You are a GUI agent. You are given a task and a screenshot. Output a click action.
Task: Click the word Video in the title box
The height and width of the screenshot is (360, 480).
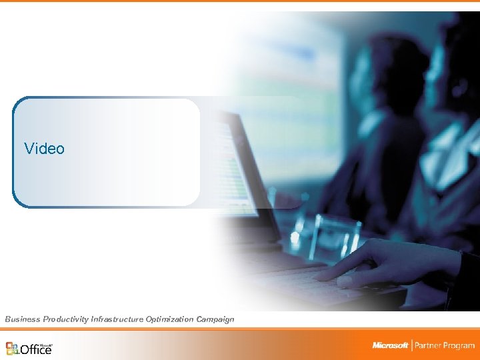[x=44, y=149]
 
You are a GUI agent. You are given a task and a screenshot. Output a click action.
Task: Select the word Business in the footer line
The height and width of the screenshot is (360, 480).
[x=23, y=319]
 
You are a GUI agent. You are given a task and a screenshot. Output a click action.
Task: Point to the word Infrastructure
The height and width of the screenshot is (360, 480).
[x=115, y=319]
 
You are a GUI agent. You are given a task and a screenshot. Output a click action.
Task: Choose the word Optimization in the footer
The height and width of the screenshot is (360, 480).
[x=167, y=319]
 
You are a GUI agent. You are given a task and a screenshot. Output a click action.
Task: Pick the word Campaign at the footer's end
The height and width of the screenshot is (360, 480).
[x=215, y=319]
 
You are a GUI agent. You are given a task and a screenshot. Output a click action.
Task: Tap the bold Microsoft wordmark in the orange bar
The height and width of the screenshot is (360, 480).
[x=390, y=345]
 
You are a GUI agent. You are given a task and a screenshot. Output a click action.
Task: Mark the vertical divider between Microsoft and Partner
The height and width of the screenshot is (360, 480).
[x=412, y=345]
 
